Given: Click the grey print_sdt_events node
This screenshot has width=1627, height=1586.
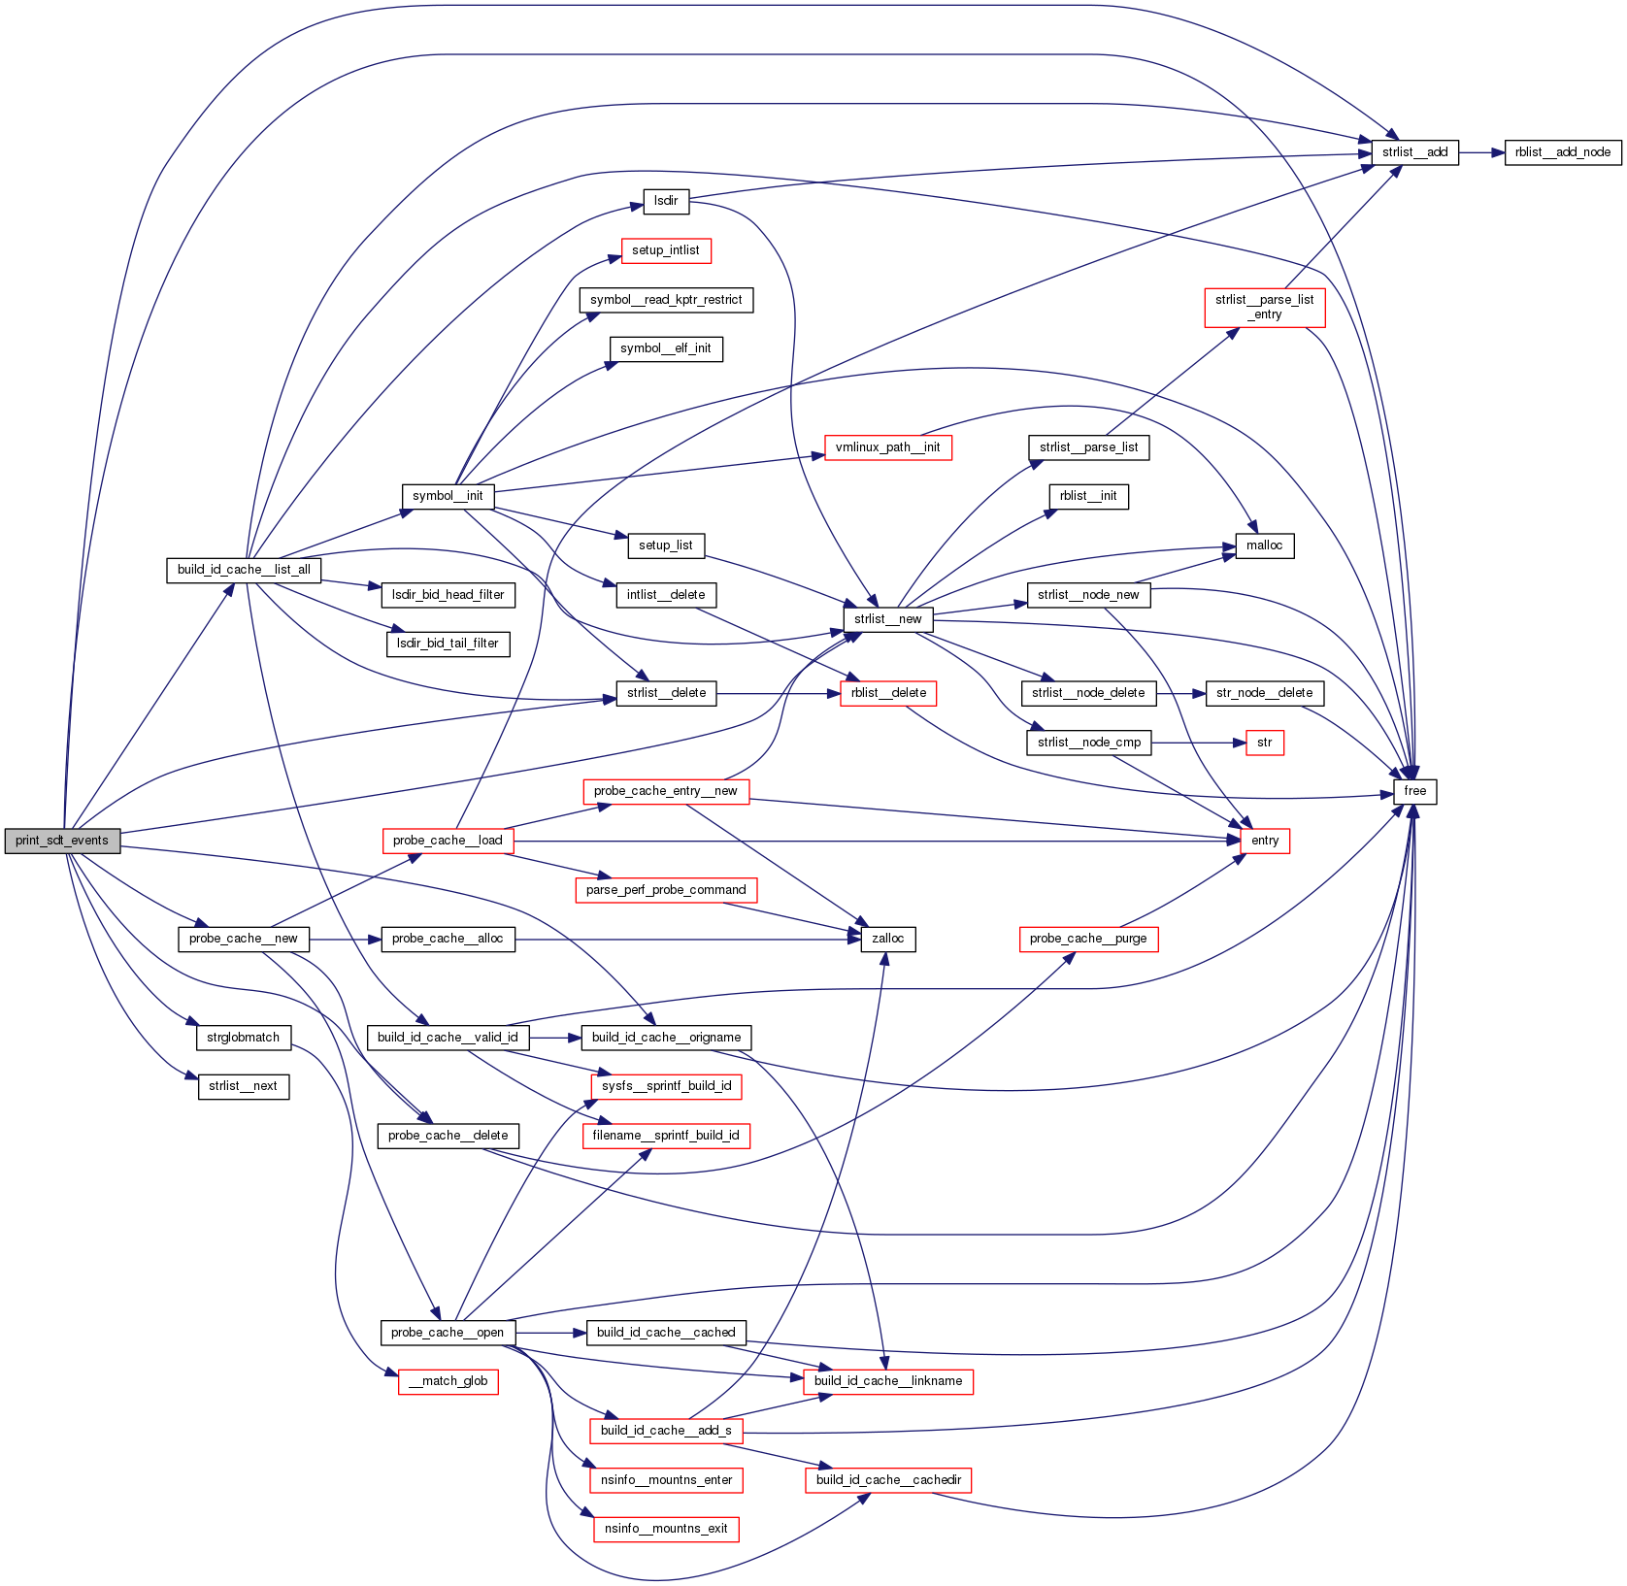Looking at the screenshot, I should (x=62, y=841).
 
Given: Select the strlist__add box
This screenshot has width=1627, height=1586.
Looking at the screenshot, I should (x=1414, y=152).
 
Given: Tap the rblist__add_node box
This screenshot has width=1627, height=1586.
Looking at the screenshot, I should (x=1562, y=152).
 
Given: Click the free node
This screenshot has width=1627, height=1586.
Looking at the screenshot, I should (x=1414, y=791).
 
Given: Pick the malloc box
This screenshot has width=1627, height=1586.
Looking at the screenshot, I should (x=1264, y=545).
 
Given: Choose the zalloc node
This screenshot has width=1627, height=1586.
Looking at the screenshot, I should (x=887, y=939).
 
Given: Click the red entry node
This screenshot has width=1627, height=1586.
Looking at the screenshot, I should (x=1264, y=841).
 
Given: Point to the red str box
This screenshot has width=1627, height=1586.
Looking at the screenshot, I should (x=1264, y=743).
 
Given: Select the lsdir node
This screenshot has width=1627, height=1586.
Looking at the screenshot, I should (x=666, y=202).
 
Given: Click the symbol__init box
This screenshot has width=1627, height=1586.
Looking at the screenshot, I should (x=448, y=496).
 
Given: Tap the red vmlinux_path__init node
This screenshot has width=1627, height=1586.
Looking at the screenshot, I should (x=887, y=447).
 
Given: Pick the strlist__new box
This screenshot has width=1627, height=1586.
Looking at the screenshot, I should (x=887, y=619).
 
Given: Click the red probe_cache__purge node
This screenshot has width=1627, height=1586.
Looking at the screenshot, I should (x=1087, y=939).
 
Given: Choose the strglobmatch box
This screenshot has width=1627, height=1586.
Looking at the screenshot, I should (x=244, y=1038).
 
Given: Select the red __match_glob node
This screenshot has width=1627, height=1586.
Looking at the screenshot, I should (x=448, y=1381).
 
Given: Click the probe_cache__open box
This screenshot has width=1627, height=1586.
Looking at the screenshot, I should (x=448, y=1333).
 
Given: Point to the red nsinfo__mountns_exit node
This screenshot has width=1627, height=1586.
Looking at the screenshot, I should (x=666, y=1529).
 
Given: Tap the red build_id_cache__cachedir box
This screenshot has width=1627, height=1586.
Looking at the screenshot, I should (x=887, y=1480).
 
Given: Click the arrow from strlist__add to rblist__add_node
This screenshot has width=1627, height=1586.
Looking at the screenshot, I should (x=1481, y=152).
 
